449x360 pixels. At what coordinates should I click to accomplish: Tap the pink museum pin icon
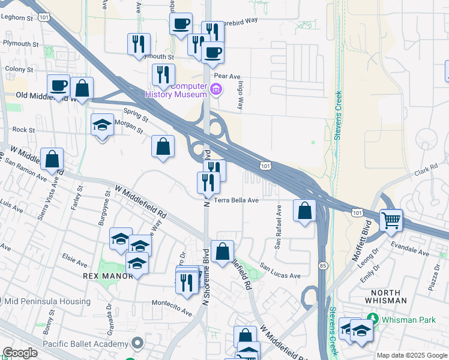point(217,91)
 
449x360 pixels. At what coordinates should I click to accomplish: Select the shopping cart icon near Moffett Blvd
point(391,220)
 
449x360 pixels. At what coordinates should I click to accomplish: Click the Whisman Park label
point(410,319)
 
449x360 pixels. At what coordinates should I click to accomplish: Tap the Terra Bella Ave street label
point(237,200)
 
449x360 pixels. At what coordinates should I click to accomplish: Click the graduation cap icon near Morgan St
point(102,126)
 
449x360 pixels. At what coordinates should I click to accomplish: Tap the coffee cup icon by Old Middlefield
point(59,85)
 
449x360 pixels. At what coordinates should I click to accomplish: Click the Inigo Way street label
point(239,95)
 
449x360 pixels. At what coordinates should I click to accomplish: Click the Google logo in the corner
point(20,353)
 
